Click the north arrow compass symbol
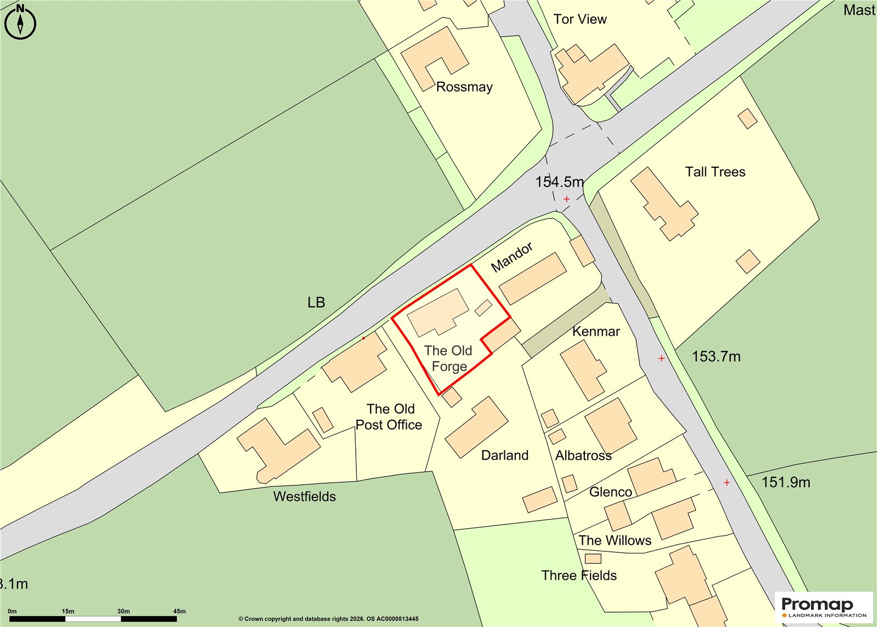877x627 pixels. [20, 22]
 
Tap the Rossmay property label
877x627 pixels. [464, 87]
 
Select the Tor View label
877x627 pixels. [580, 19]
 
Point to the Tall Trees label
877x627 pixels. [715, 172]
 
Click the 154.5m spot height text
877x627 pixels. [559, 182]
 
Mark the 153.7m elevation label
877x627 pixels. [716, 357]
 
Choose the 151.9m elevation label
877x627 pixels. [785, 482]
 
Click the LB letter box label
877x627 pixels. [316, 302]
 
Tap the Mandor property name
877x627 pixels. [511, 257]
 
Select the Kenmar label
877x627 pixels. [596, 331]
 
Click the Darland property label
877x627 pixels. [505, 455]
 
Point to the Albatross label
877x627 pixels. [583, 455]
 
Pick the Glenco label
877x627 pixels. [610, 492]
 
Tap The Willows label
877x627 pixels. [614, 540]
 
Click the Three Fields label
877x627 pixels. [579, 575]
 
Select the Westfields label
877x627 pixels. [304, 496]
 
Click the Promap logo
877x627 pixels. [823, 607]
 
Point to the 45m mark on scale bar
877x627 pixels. [179, 611]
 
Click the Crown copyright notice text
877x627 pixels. [328, 619]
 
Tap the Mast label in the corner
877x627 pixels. [859, 10]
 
